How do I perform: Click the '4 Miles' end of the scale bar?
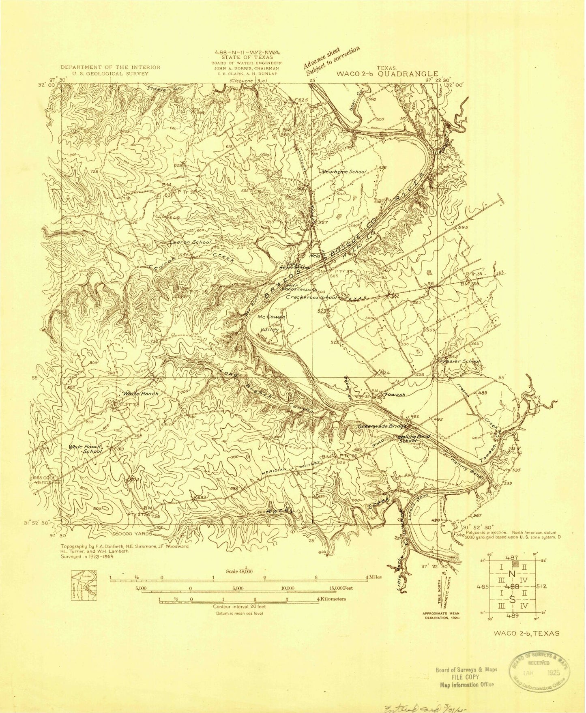point(372,577)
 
